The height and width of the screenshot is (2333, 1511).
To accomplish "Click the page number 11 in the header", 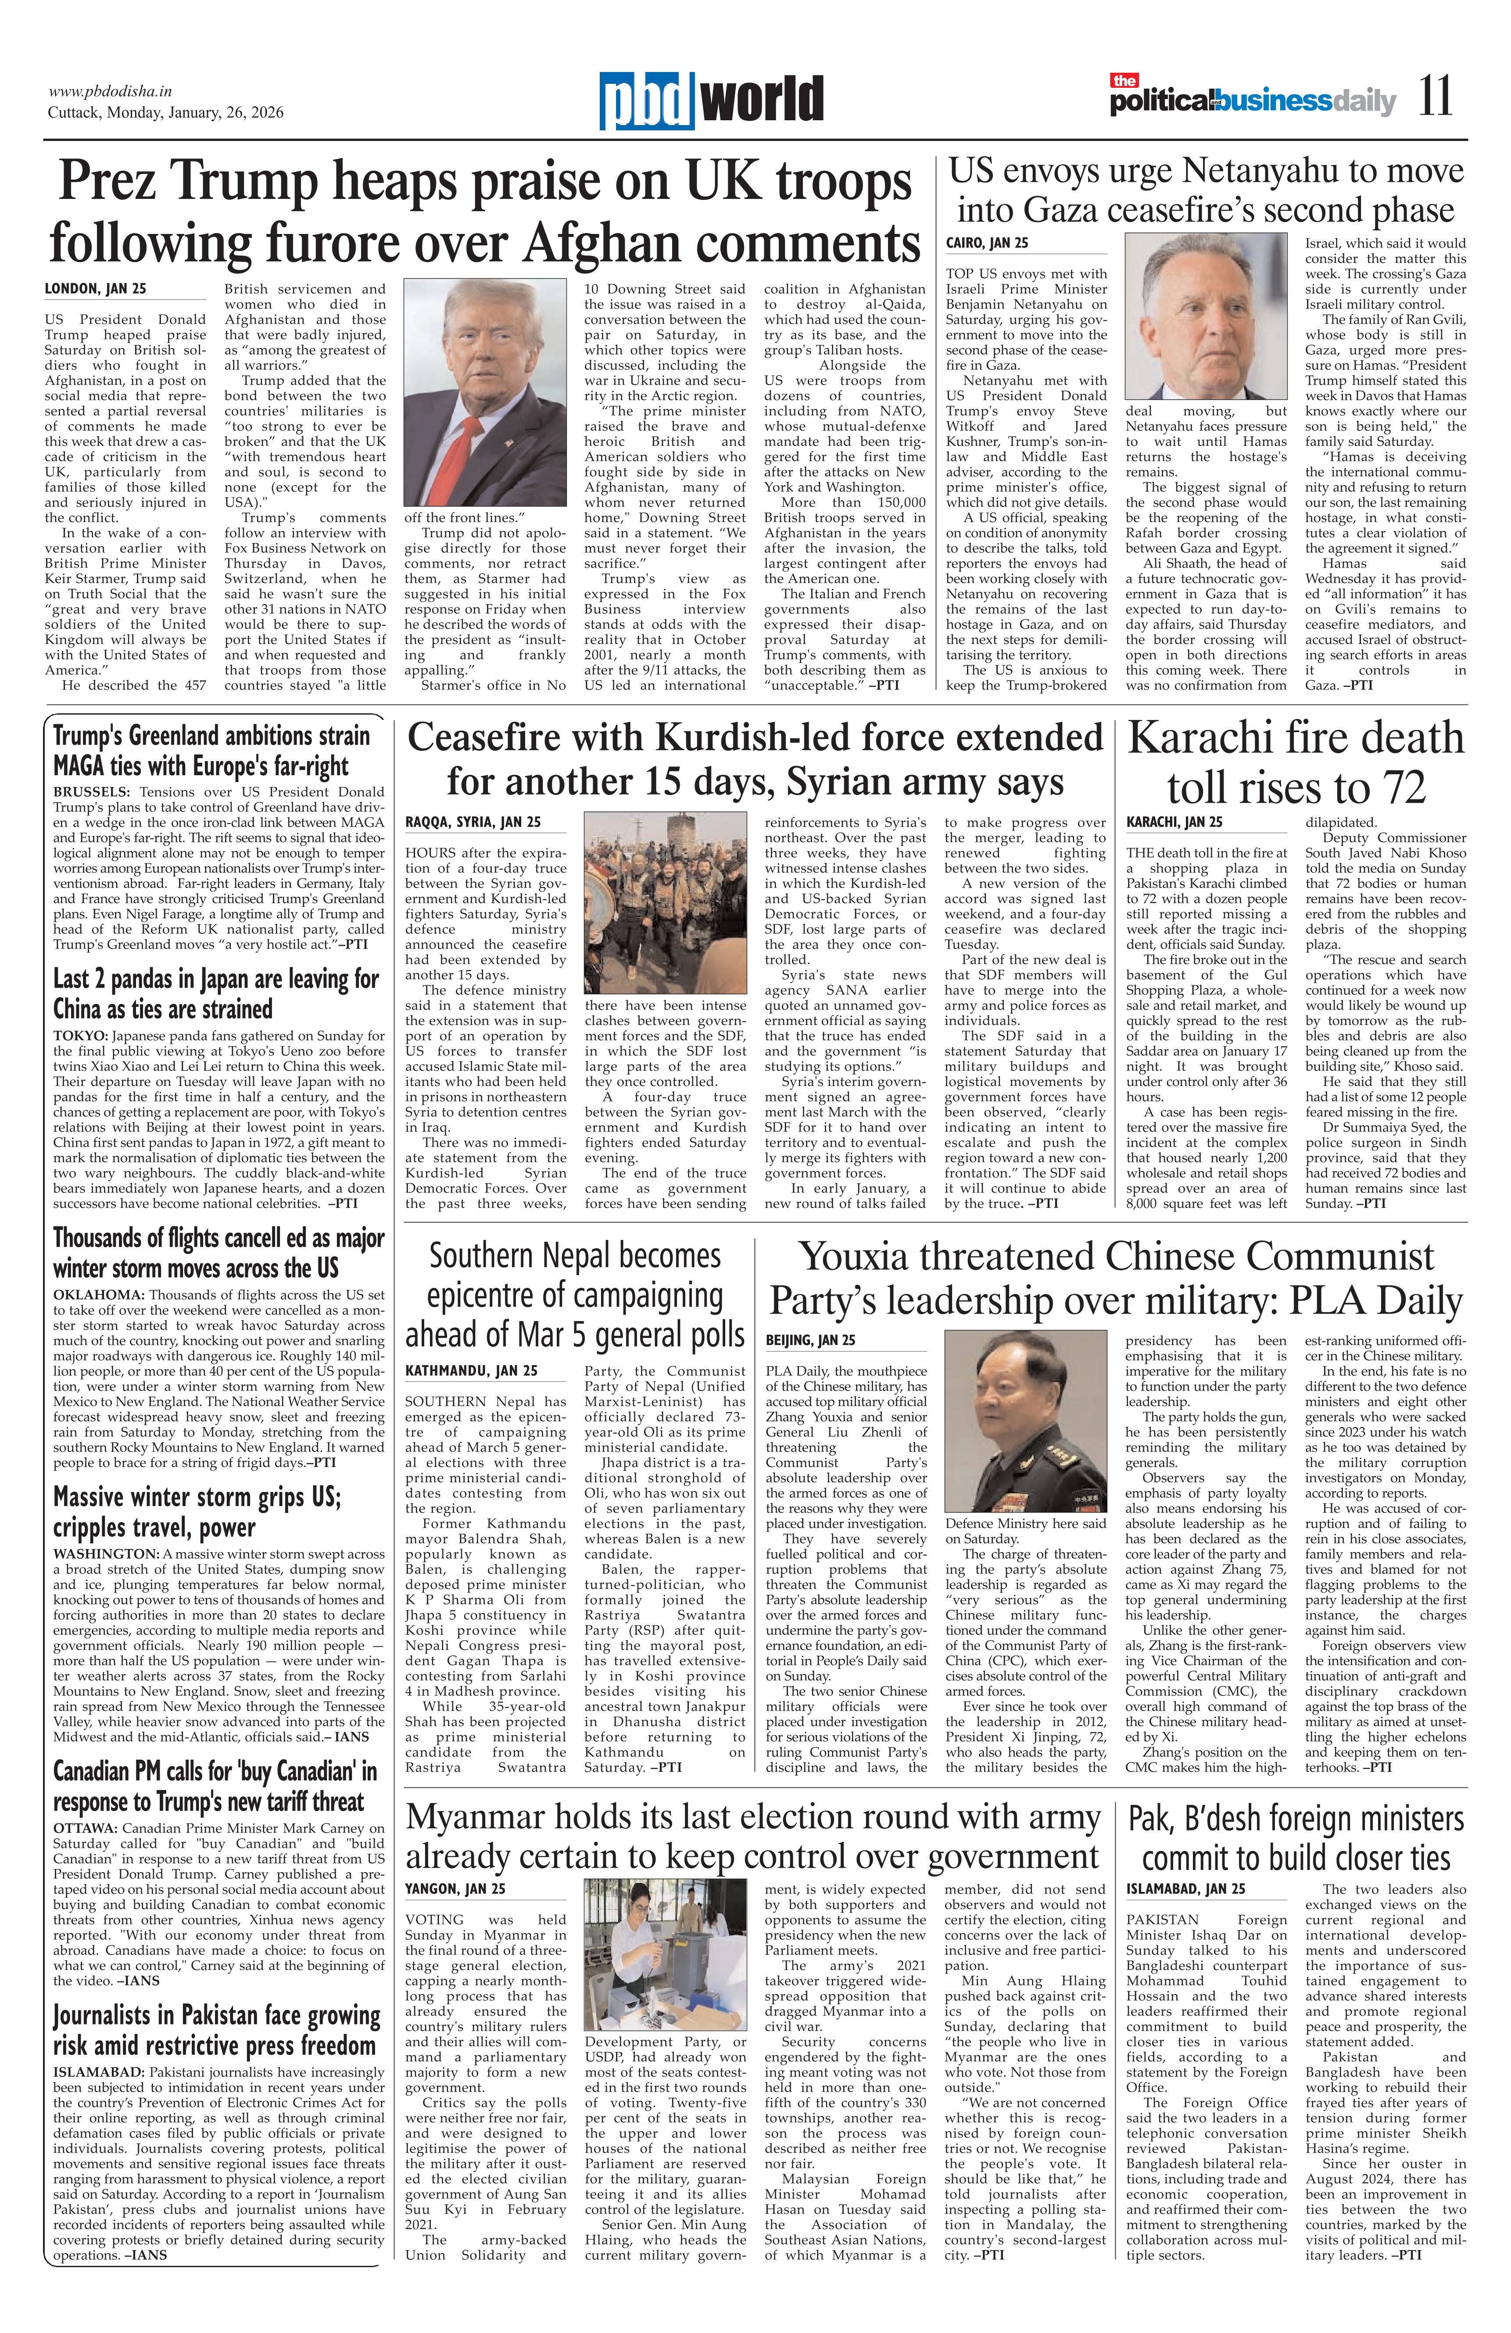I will pyautogui.click(x=1436, y=98).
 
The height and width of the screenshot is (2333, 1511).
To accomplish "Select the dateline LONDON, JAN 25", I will pyautogui.click(x=95, y=289).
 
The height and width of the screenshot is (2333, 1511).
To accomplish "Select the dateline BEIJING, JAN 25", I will pyautogui.click(x=810, y=1339).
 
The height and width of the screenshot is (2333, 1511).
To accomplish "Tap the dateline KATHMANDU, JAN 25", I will pyautogui.click(x=471, y=1370).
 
